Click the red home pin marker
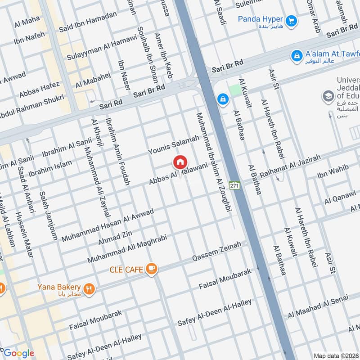pyautogui.click(x=180, y=162)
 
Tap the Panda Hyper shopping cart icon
pyautogui.click(x=291, y=20)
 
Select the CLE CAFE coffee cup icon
pyautogui.click(x=152, y=269)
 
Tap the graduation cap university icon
pyautogui.click(x=328, y=96)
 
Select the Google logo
pyautogui.click(x=19, y=353)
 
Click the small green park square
pyautogui.click(x=235, y=90)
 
